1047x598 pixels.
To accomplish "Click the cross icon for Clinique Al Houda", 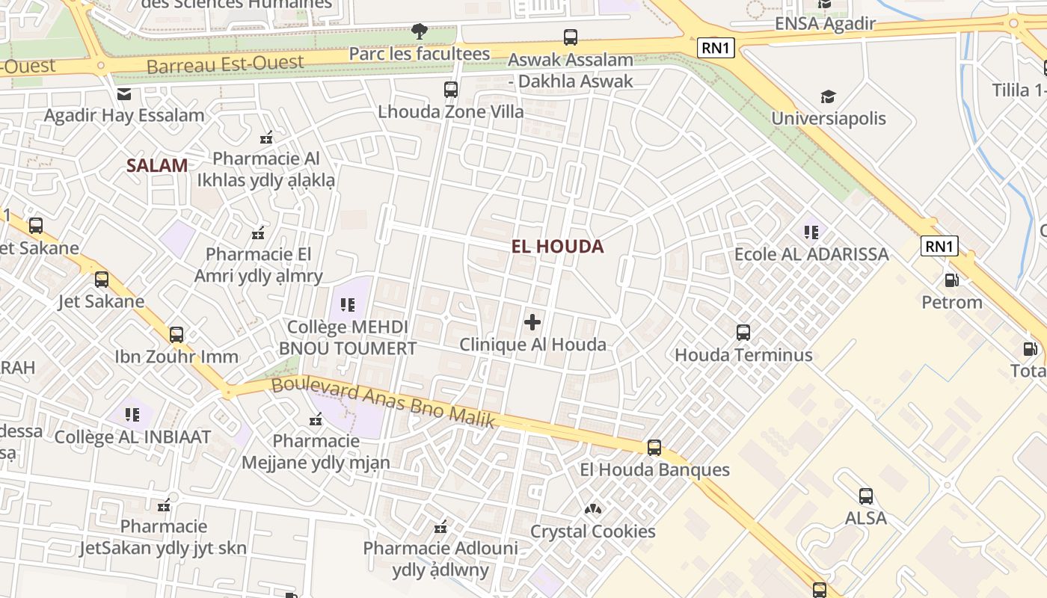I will tap(532, 322).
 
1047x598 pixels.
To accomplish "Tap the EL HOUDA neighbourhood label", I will tap(558, 246).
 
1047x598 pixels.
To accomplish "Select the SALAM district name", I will tap(157, 165).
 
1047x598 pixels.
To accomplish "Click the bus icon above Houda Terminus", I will tap(743, 333).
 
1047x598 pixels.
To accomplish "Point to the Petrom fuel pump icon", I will tap(951, 280).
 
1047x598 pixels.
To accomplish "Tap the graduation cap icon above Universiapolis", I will tap(828, 96).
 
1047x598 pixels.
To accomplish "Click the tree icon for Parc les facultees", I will tap(420, 31).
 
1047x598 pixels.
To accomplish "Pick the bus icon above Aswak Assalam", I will tap(571, 37).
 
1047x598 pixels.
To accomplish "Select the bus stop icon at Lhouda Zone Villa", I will tap(451, 90).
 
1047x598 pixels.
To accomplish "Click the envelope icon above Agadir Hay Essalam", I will tap(124, 93).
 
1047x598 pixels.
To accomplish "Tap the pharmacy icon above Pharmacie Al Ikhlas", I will tap(265, 137).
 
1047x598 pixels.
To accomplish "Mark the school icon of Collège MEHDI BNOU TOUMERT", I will tap(348, 304).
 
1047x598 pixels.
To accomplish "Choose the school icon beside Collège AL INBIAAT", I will tap(133, 414).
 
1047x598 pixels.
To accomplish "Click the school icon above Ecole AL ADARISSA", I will tap(811, 232).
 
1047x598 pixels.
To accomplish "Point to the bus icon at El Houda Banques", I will tap(654, 448).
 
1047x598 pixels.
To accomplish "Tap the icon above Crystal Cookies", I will tap(593, 509).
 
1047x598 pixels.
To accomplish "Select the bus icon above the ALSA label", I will tap(866, 496).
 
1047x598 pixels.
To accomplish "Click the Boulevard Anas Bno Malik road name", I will tap(383, 404).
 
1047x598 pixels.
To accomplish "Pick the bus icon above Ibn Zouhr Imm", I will tap(176, 334).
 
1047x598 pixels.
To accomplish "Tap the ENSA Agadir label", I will tap(825, 23).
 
